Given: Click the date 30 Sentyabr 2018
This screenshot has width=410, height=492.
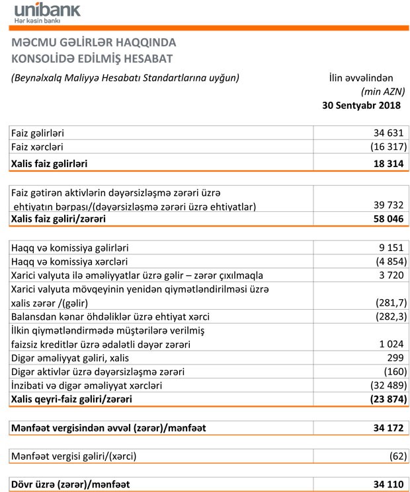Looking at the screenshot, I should pyautogui.click(x=361, y=105).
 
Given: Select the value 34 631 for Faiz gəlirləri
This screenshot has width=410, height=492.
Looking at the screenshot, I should pyautogui.click(x=384, y=133).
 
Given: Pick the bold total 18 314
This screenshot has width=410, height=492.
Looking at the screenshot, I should pyautogui.click(x=384, y=162).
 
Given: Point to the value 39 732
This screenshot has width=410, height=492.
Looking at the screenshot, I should pyautogui.click(x=384, y=206).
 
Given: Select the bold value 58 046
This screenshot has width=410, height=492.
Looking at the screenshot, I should pyautogui.click(x=384, y=219).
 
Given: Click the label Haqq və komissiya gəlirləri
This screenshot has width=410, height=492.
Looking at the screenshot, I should pyautogui.click(x=70, y=248).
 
